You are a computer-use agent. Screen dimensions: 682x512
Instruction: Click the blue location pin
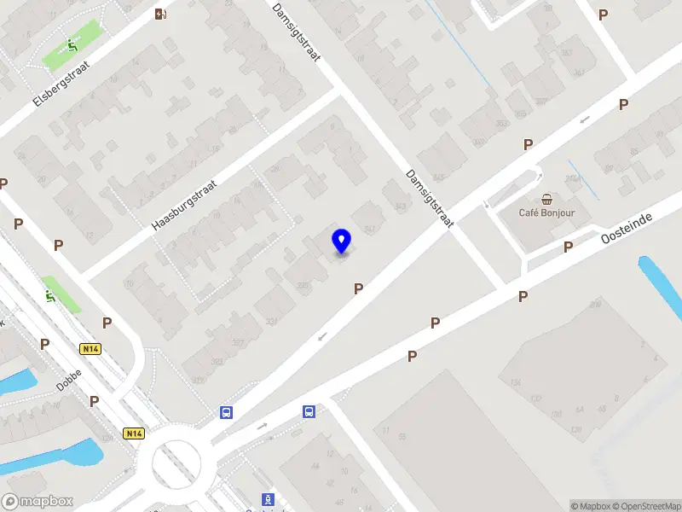342,241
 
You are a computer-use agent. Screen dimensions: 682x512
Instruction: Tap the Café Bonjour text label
546,212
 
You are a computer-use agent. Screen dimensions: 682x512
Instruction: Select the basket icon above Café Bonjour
546,195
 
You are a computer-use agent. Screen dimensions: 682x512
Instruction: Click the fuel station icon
160,13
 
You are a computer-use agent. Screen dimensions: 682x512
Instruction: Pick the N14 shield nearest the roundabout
132,433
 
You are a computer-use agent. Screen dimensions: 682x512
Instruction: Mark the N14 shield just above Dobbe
90,349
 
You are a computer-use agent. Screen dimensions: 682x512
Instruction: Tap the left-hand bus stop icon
227,412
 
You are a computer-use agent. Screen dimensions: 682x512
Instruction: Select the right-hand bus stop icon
309,412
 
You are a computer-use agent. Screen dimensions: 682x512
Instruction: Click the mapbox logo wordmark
38,502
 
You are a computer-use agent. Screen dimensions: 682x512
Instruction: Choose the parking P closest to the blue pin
358,289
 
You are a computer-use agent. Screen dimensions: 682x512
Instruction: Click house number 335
303,285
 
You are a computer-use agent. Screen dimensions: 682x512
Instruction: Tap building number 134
516,382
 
